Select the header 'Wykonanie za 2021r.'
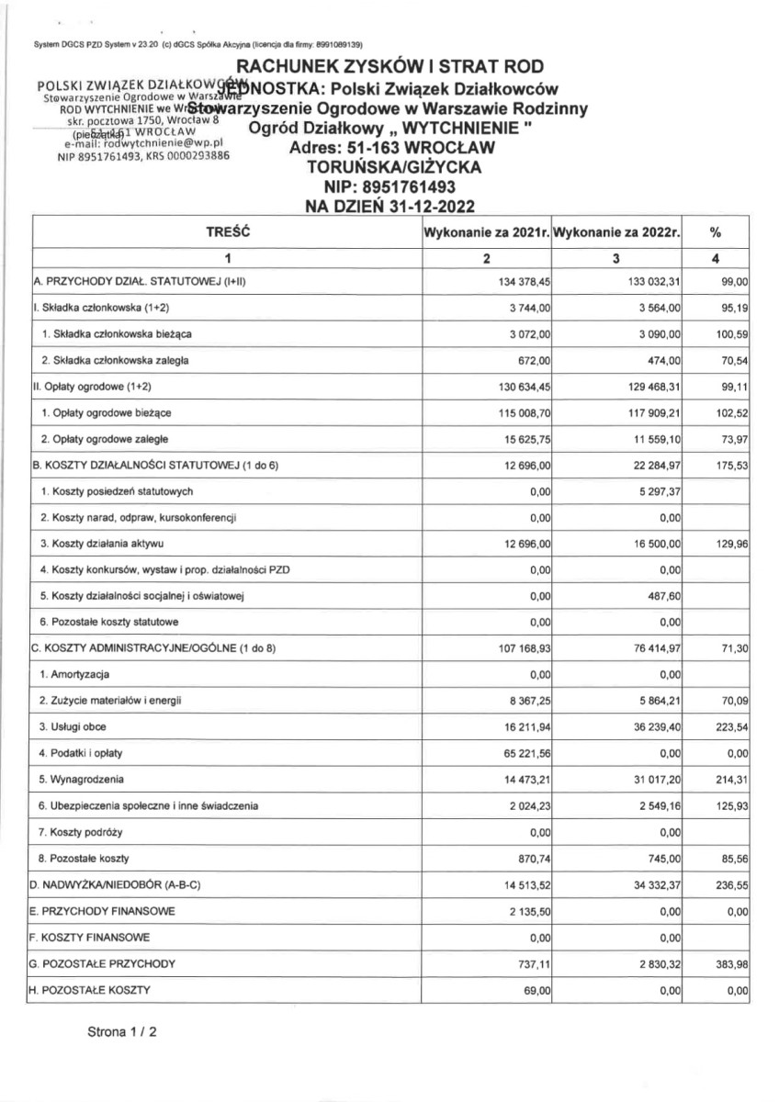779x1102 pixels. (487, 233)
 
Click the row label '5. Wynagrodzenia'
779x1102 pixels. (82, 780)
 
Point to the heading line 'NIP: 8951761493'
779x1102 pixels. (390, 187)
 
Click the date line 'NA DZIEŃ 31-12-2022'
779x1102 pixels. (390, 207)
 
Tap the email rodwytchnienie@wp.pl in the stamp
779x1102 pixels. (144, 143)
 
